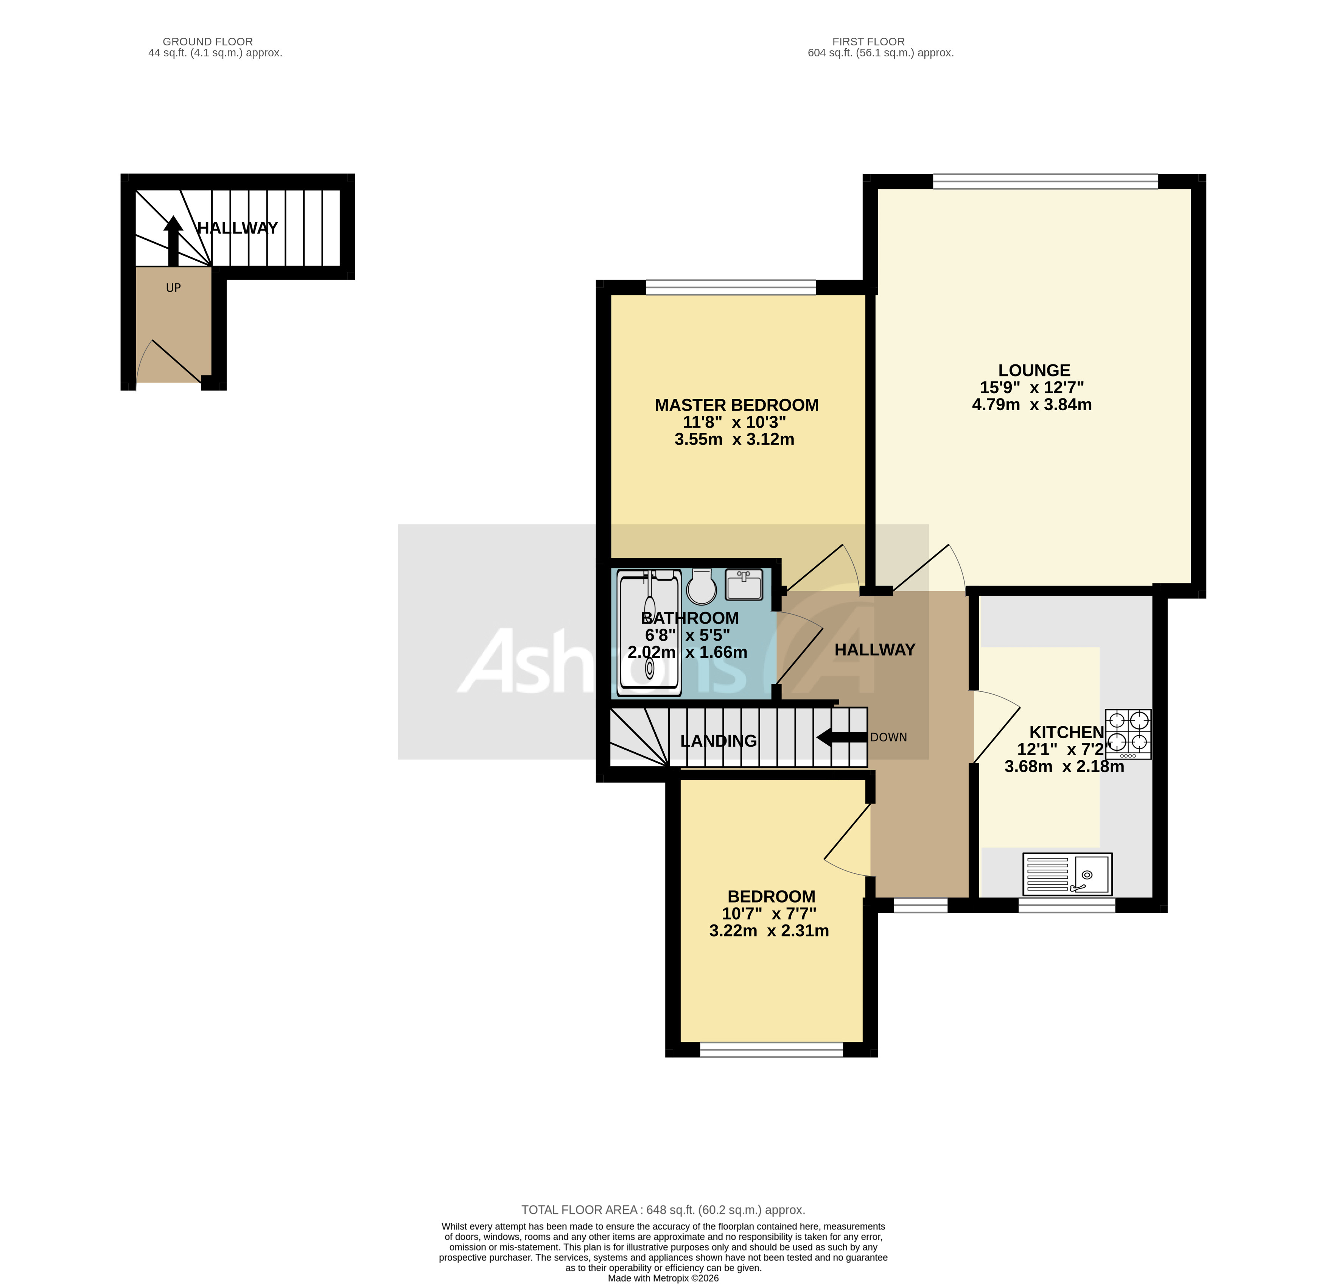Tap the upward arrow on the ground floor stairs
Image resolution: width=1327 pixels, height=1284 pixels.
[173, 240]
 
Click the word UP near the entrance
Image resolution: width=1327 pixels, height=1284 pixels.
[173, 288]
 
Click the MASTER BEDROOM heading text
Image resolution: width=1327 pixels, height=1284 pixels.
[737, 405]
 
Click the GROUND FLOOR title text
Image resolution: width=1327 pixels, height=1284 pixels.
[208, 41]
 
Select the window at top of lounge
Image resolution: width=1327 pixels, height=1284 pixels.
[1045, 181]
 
